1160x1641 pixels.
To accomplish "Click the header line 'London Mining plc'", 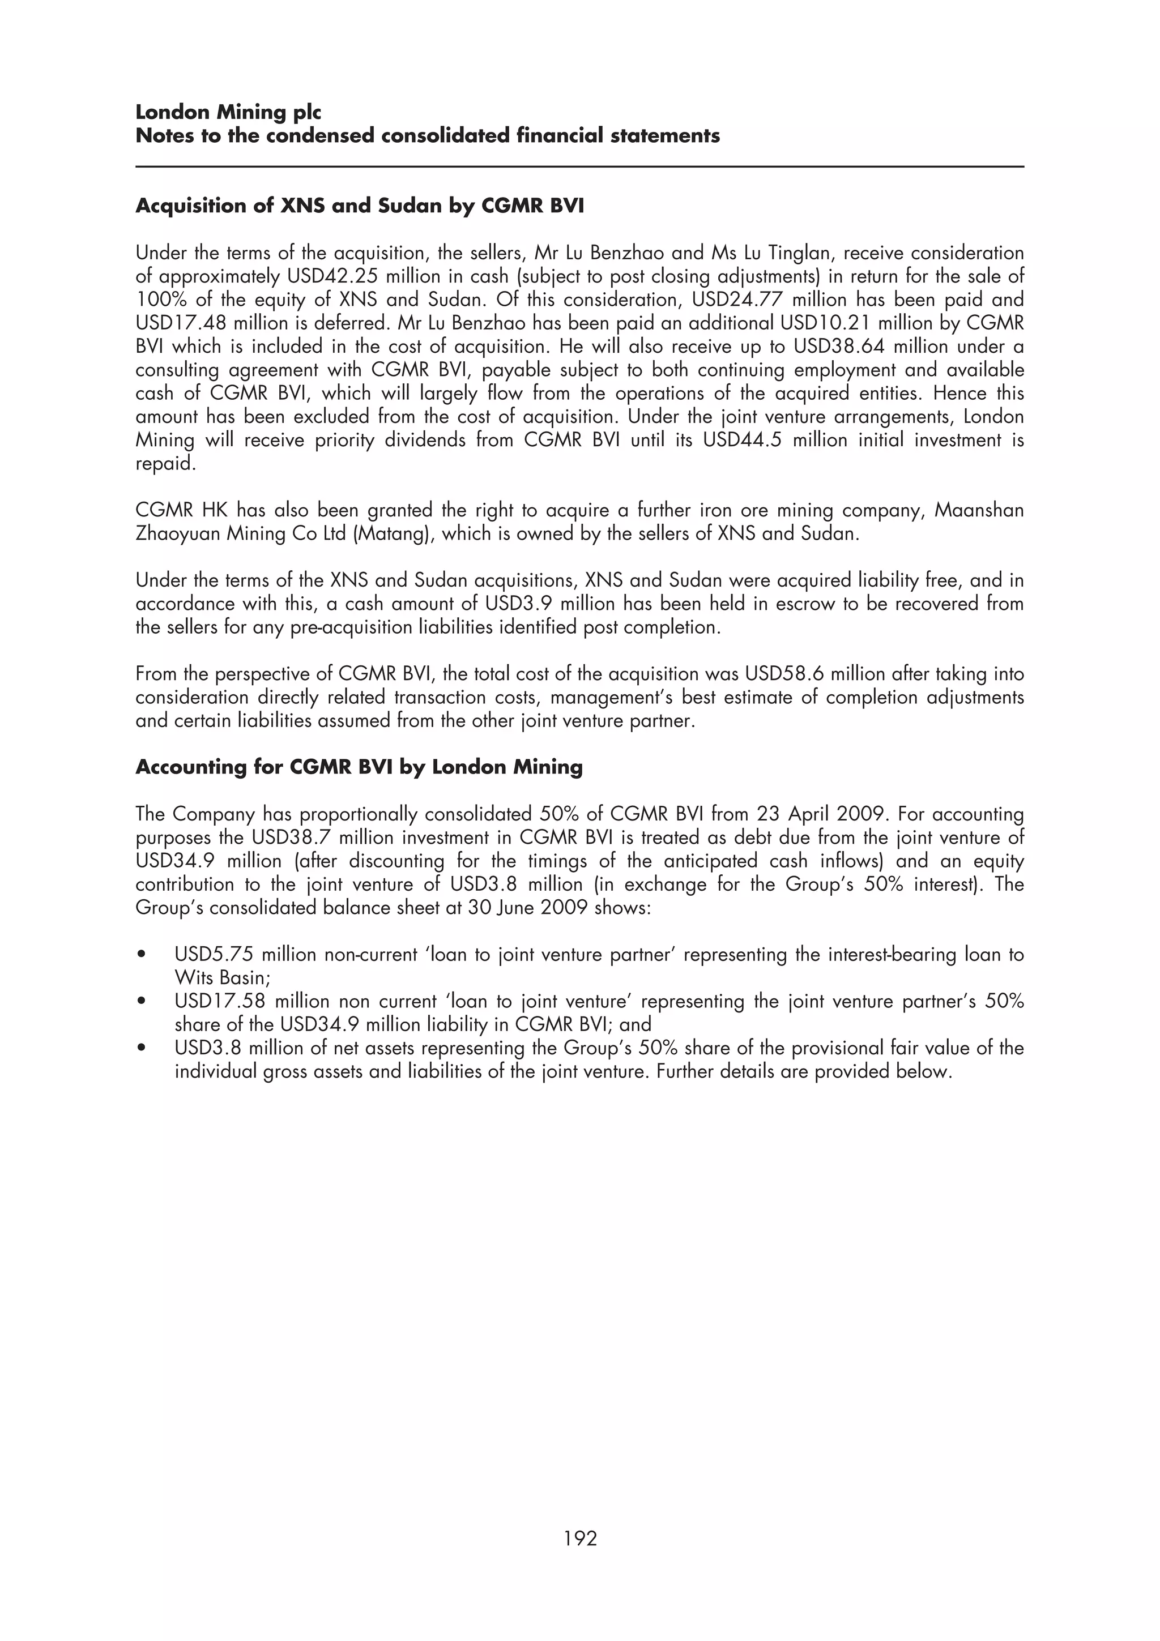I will point(228,112).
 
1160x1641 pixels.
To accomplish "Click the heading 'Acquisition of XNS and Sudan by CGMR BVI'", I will point(360,206).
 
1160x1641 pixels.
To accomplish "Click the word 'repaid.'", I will point(165,464).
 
